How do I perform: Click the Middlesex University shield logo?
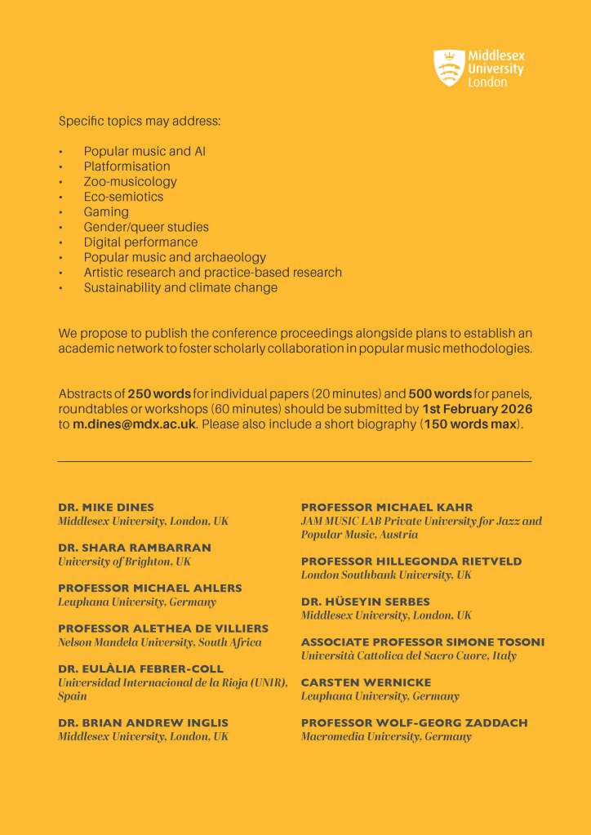pos(448,68)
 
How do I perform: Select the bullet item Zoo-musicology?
pos(130,181)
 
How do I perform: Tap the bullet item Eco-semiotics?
pos(123,197)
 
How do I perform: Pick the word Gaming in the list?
pos(106,211)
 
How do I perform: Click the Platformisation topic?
pos(127,167)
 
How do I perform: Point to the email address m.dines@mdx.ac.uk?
pos(134,424)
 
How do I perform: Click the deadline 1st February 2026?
pos(477,408)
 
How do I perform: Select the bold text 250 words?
pos(158,393)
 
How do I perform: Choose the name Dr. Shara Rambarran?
pos(134,548)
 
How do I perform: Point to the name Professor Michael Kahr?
pos(387,507)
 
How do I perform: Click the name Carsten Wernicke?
pos(366,682)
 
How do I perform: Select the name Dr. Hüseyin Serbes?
pos(365,602)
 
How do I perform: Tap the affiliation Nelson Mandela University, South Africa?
pos(160,642)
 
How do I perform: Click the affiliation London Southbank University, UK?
pos(386,575)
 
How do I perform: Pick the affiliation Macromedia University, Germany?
pos(386,736)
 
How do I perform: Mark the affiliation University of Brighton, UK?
pos(122,562)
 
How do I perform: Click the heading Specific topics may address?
pos(140,121)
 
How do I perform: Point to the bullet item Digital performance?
pos(140,242)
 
